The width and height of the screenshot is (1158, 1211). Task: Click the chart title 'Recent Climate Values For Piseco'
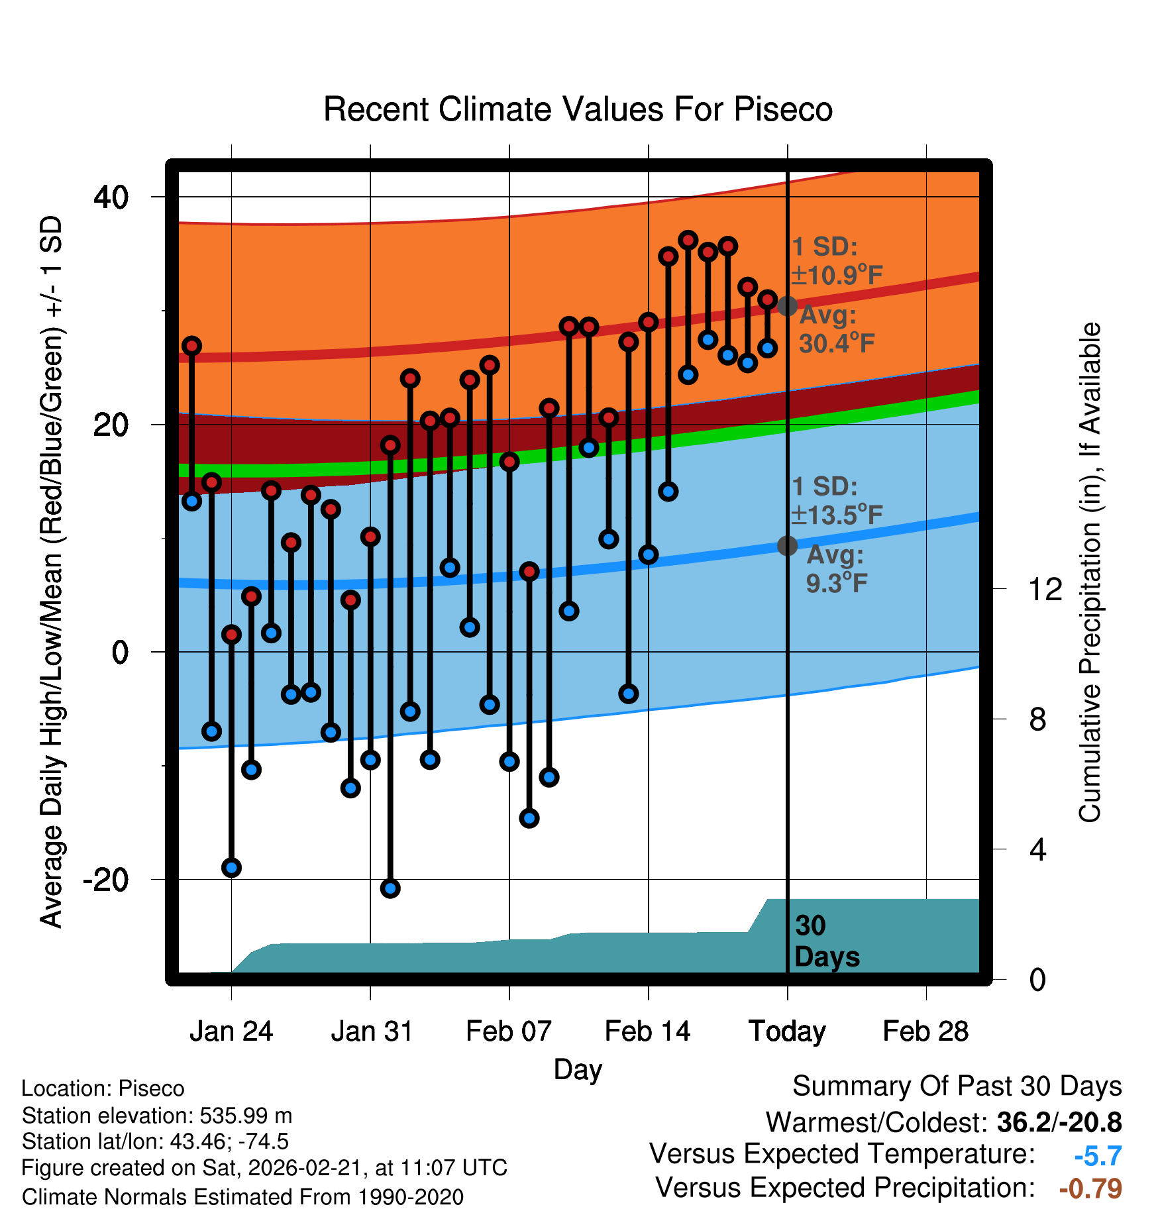(x=578, y=110)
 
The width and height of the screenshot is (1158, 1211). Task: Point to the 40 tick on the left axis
(x=111, y=197)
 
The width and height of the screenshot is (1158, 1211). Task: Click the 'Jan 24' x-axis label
(x=231, y=1031)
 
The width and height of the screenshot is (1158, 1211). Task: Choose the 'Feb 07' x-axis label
(x=509, y=1031)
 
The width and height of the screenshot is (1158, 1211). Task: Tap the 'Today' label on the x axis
(x=787, y=1031)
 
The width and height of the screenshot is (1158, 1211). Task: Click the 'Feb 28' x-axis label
(x=925, y=1031)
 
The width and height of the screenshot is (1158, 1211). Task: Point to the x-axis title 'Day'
(x=578, y=1069)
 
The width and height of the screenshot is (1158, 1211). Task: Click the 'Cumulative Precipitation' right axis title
(x=1090, y=572)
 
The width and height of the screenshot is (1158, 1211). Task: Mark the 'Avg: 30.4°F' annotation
(x=836, y=329)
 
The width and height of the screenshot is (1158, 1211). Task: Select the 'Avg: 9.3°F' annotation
(x=836, y=569)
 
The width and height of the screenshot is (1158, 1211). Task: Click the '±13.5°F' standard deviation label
(x=837, y=515)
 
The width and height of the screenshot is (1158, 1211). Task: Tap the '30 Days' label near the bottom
(x=826, y=941)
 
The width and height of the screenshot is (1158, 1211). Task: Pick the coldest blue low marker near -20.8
(x=390, y=888)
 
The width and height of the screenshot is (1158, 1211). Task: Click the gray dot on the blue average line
(x=787, y=546)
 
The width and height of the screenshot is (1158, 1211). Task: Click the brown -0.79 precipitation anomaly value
(x=1090, y=1188)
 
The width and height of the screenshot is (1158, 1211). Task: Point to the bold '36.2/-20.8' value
(x=1059, y=1123)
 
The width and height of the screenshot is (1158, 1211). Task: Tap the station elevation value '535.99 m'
(x=246, y=1116)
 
